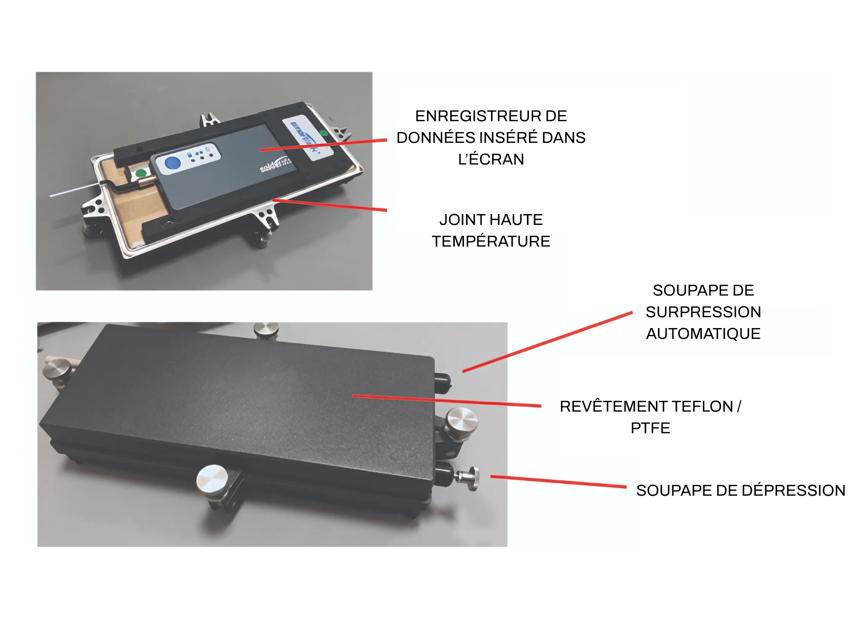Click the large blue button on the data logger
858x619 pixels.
172,164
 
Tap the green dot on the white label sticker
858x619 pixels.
324,133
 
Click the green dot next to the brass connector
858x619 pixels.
140,173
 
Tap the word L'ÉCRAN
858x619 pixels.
491,159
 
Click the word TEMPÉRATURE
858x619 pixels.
491,241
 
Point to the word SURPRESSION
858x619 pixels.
703,312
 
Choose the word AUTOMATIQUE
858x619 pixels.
703,334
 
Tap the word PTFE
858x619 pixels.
650,428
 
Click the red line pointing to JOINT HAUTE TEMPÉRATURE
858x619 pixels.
330,205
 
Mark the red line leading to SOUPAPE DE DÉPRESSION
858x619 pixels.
557,482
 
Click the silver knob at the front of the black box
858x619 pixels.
212,479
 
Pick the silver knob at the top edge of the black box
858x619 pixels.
266,330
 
